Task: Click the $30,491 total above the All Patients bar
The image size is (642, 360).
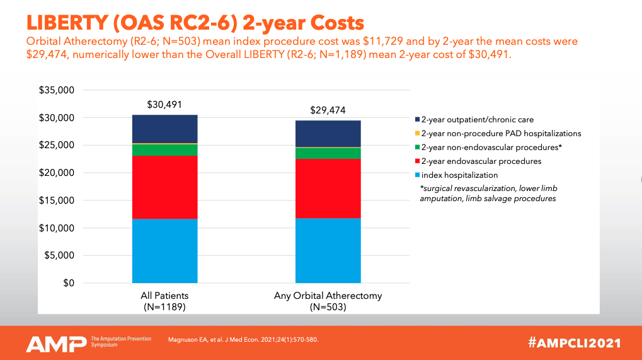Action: click(164, 105)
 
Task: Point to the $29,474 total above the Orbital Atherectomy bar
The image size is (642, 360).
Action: click(328, 110)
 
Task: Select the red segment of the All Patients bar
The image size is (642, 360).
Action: click(164, 187)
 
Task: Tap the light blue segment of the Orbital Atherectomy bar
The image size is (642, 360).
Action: click(328, 250)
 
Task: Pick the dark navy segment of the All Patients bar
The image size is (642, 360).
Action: click(164, 129)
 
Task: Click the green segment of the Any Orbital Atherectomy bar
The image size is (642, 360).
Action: click(328, 153)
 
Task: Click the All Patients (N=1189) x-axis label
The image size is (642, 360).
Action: click(164, 301)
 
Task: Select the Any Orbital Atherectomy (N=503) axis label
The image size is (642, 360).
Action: click(328, 301)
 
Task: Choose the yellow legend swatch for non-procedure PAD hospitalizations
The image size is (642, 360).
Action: click(416, 134)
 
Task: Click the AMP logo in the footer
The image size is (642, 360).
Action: click(55, 343)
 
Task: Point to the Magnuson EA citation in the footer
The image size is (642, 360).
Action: click(243, 340)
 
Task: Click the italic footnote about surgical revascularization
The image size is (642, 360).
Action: click(488, 194)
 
